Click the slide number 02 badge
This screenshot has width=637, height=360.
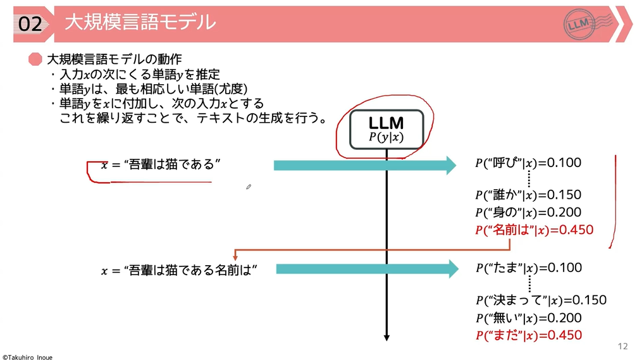tap(30, 24)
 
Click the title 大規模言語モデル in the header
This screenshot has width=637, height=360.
tap(140, 23)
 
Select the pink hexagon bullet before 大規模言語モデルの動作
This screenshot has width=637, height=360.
tap(35, 59)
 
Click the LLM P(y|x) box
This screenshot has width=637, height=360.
tap(386, 128)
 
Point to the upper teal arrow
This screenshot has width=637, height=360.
tap(364, 165)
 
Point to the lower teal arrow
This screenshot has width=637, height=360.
tap(367, 269)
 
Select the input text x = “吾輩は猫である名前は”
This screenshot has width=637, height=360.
tap(180, 270)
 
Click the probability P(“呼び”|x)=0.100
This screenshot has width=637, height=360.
tap(528, 163)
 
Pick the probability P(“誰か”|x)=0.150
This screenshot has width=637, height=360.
tap(528, 195)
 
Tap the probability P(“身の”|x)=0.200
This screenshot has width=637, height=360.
tap(528, 213)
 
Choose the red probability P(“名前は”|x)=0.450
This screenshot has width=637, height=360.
tap(534, 230)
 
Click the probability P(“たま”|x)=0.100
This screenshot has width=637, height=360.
tap(528, 268)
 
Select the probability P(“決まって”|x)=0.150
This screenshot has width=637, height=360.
tap(540, 300)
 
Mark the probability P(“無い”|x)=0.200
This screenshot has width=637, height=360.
tap(528, 318)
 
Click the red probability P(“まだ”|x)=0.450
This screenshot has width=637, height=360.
tap(528, 335)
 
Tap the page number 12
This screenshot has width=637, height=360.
tap(622, 346)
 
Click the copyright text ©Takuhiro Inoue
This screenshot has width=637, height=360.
tap(27, 357)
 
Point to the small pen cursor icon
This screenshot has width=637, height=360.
tap(249, 187)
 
